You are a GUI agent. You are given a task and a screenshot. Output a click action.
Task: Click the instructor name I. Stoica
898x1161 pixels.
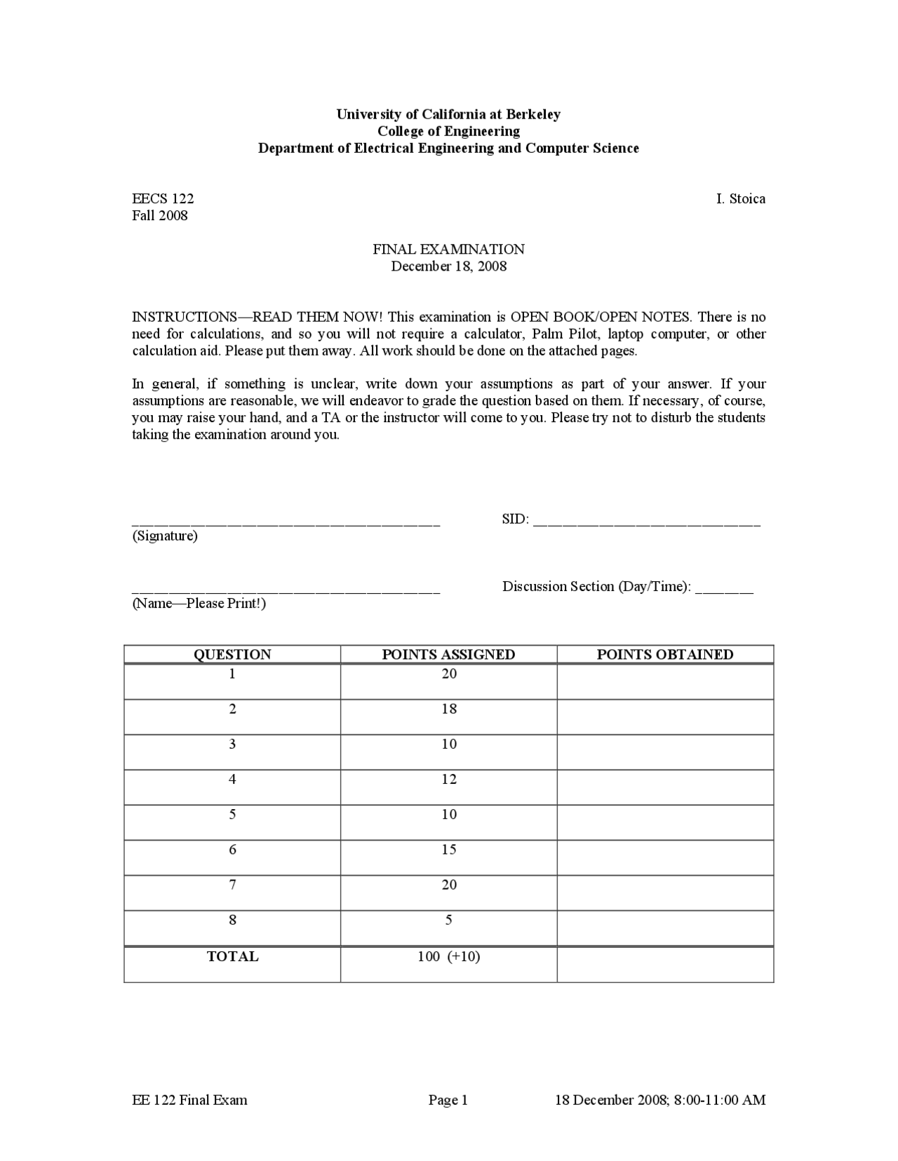[740, 199]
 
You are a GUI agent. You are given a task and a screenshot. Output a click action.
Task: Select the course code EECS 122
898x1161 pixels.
[163, 199]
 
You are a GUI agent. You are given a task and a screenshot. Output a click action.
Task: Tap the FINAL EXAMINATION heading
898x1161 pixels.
[448, 250]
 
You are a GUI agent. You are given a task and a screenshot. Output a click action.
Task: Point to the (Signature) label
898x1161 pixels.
[165, 536]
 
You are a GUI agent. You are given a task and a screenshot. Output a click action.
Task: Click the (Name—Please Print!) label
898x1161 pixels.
[199, 604]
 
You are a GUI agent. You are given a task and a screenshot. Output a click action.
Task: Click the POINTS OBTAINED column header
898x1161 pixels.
[664, 655]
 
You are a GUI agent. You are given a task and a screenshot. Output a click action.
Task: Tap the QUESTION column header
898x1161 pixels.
[232, 655]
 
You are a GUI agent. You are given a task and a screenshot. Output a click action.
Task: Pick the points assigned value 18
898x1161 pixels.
[449, 709]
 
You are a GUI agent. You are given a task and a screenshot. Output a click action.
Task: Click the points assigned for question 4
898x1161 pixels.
[449, 779]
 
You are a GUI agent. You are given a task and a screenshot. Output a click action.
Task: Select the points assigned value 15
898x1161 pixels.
[449, 850]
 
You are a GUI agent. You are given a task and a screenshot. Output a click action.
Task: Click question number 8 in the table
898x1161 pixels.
[232, 920]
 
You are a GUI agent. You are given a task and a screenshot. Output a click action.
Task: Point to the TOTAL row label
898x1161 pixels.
[232, 957]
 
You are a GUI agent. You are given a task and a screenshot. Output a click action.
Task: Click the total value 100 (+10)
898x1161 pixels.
[449, 957]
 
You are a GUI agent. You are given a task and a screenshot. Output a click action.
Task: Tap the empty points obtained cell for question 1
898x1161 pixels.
[664, 681]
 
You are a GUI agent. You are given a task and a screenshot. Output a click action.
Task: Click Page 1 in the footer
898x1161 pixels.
[448, 1101]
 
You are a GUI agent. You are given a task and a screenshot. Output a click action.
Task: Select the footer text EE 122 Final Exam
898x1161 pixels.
[189, 1101]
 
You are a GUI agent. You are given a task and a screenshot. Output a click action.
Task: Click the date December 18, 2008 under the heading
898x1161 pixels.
[448, 266]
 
